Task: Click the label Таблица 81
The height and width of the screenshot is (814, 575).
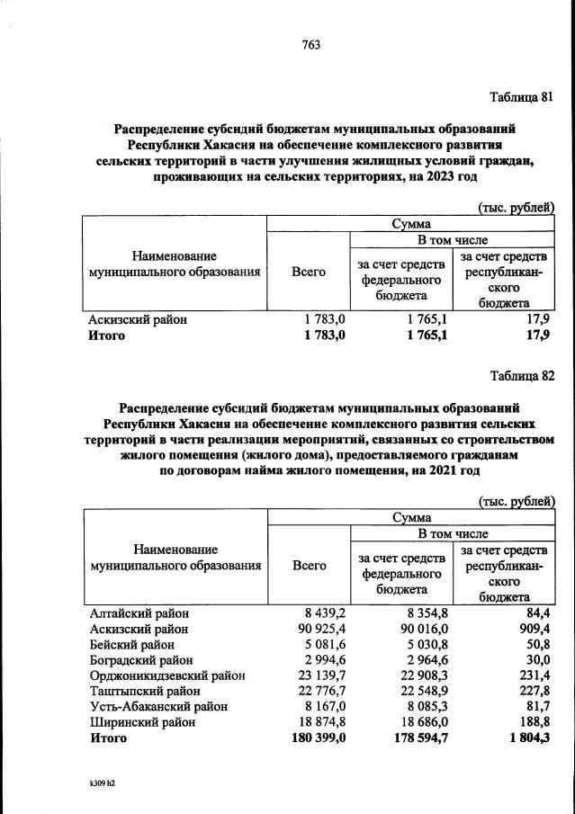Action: coord(520,97)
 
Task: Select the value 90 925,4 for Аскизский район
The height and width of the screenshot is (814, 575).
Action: coord(309,629)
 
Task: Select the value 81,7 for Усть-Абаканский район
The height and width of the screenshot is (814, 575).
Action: coord(538,706)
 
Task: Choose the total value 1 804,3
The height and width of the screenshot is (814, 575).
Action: coord(530,738)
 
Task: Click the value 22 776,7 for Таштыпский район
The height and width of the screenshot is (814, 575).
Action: coord(309,691)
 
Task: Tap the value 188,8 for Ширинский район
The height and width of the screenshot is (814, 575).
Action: coord(535,721)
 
